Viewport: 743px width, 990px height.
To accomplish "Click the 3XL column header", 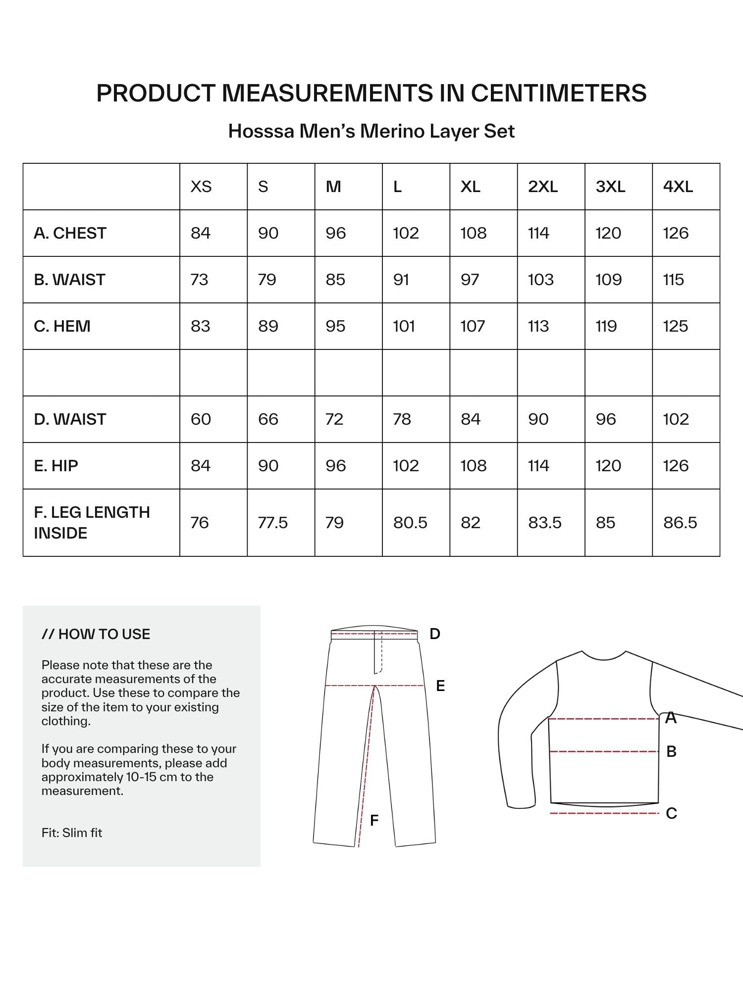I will coord(610,187).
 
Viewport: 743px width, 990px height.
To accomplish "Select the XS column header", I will coord(201,187).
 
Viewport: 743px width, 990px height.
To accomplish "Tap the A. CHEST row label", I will coord(70,233).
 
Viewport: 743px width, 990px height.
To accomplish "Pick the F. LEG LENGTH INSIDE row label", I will coord(92,523).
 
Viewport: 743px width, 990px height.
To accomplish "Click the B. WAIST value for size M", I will coord(335,280).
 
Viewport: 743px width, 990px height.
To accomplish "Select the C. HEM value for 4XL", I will coord(675,326).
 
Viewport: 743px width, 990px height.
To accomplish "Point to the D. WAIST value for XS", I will coord(201,419).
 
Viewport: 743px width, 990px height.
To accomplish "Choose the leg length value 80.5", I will coord(410,523).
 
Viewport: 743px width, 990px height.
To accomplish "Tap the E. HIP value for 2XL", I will coord(538,466).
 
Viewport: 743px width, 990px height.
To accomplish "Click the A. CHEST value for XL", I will coord(473,233).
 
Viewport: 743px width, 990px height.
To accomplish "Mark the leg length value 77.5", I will coord(273,523).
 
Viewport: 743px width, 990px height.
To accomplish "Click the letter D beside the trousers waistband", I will coord(435,634).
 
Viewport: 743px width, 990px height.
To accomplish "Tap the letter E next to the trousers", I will coord(440,686).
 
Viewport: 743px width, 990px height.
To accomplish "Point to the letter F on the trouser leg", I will coord(374,821).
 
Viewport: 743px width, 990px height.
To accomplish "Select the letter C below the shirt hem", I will coord(671,813).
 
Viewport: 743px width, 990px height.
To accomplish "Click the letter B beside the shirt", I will coord(671,751).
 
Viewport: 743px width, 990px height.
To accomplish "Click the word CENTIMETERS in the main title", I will coord(558,93).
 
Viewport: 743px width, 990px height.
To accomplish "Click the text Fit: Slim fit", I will coord(72,833).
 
